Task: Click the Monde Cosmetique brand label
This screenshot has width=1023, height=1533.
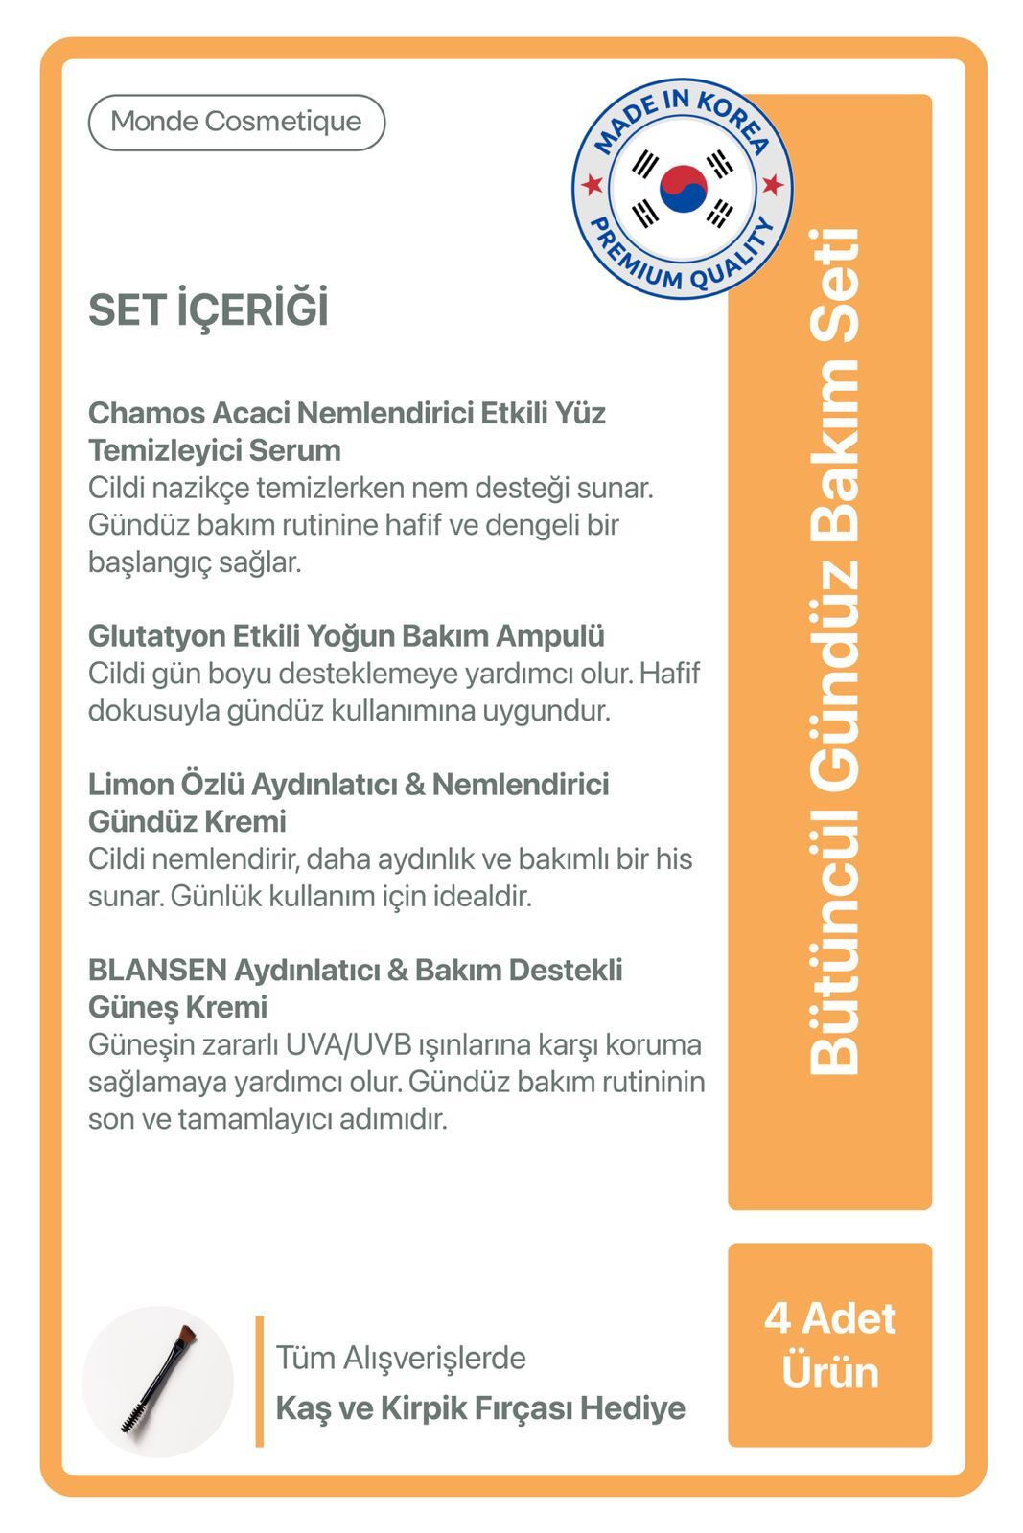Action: click(x=236, y=122)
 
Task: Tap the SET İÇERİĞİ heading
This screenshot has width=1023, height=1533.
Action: click(x=208, y=309)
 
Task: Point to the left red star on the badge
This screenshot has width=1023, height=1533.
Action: click(x=593, y=183)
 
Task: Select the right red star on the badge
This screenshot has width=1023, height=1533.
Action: click(x=772, y=184)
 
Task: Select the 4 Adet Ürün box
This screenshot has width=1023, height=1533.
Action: click(x=829, y=1344)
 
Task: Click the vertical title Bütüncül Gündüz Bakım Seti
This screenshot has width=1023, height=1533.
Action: click(x=831, y=652)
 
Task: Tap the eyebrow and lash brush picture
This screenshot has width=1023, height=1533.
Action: click(x=158, y=1381)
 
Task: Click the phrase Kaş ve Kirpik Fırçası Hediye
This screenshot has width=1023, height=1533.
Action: click(x=480, y=1407)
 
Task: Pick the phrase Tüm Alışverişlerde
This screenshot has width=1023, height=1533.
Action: click(x=401, y=1357)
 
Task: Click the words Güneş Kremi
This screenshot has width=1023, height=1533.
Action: click(x=177, y=1007)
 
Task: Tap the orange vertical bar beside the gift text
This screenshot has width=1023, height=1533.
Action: click(x=259, y=1381)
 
